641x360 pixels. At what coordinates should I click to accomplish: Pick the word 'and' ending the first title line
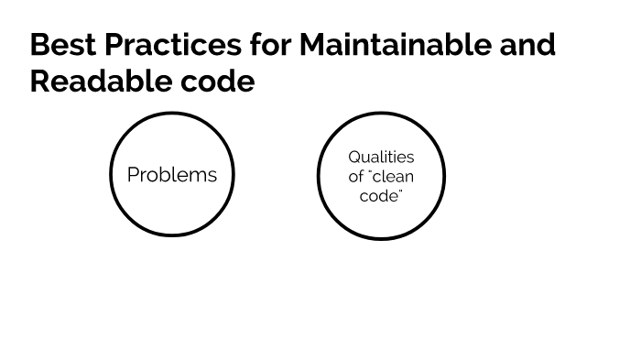[527, 44]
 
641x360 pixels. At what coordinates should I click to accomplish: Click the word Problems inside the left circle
[172, 174]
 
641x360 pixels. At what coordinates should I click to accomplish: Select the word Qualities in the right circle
[381, 158]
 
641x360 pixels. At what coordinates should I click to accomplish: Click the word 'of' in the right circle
[356, 177]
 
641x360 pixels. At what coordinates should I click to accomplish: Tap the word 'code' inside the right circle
[379, 196]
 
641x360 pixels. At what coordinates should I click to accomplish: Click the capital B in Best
[39, 44]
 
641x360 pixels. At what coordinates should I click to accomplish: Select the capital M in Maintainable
[314, 44]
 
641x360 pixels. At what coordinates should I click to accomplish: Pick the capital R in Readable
[40, 81]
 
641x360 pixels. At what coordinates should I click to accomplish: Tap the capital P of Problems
[133, 174]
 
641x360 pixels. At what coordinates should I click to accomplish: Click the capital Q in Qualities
[354, 158]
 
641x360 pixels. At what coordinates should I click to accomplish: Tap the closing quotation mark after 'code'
[400, 191]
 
